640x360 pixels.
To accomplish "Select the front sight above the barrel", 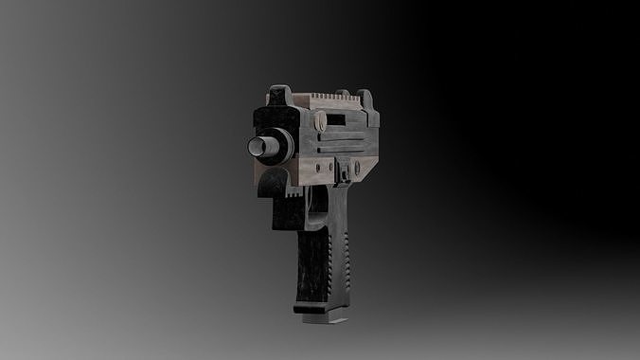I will pyautogui.click(x=280, y=95).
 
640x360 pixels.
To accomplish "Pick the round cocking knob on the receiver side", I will pyautogui.click(x=320, y=121).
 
